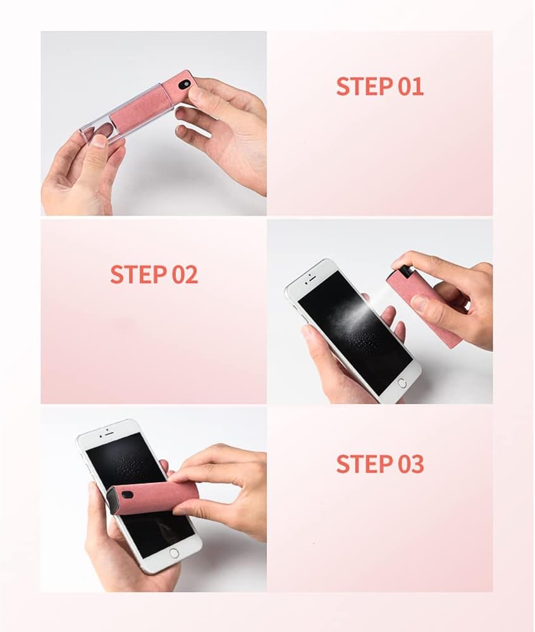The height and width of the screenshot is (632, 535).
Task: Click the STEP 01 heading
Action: [380, 86]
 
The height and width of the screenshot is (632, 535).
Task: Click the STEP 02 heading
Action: [154, 274]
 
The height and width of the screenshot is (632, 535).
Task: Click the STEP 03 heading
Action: [380, 463]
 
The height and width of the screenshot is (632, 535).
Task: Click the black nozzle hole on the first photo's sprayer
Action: [185, 85]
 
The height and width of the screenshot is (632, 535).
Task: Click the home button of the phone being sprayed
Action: [402, 383]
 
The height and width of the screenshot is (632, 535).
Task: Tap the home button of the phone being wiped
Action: [174, 553]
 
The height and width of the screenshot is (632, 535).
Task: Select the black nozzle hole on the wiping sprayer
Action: [129, 494]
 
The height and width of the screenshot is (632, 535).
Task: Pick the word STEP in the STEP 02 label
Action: [137, 274]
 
